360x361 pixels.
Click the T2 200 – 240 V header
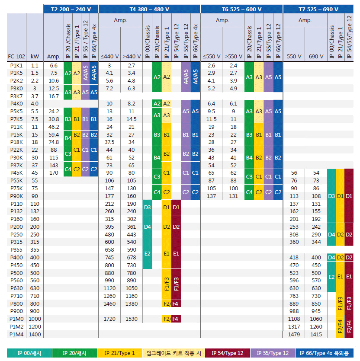click(x=71, y=9)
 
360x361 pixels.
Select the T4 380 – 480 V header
click(x=149, y=9)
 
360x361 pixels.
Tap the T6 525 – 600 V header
click(x=241, y=9)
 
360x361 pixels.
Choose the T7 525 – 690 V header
click(x=321, y=9)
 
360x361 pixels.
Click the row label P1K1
click(x=16, y=65)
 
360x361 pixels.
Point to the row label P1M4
click(x=16, y=335)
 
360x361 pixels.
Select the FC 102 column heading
click(x=16, y=56)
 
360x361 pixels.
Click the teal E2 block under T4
click(x=147, y=253)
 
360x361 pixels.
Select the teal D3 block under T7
click(x=331, y=196)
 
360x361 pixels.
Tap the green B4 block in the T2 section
click(x=68, y=139)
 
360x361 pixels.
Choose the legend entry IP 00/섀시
click(x=29, y=353)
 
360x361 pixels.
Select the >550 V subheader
click(x=234, y=56)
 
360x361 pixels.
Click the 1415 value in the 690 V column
click(x=316, y=335)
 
